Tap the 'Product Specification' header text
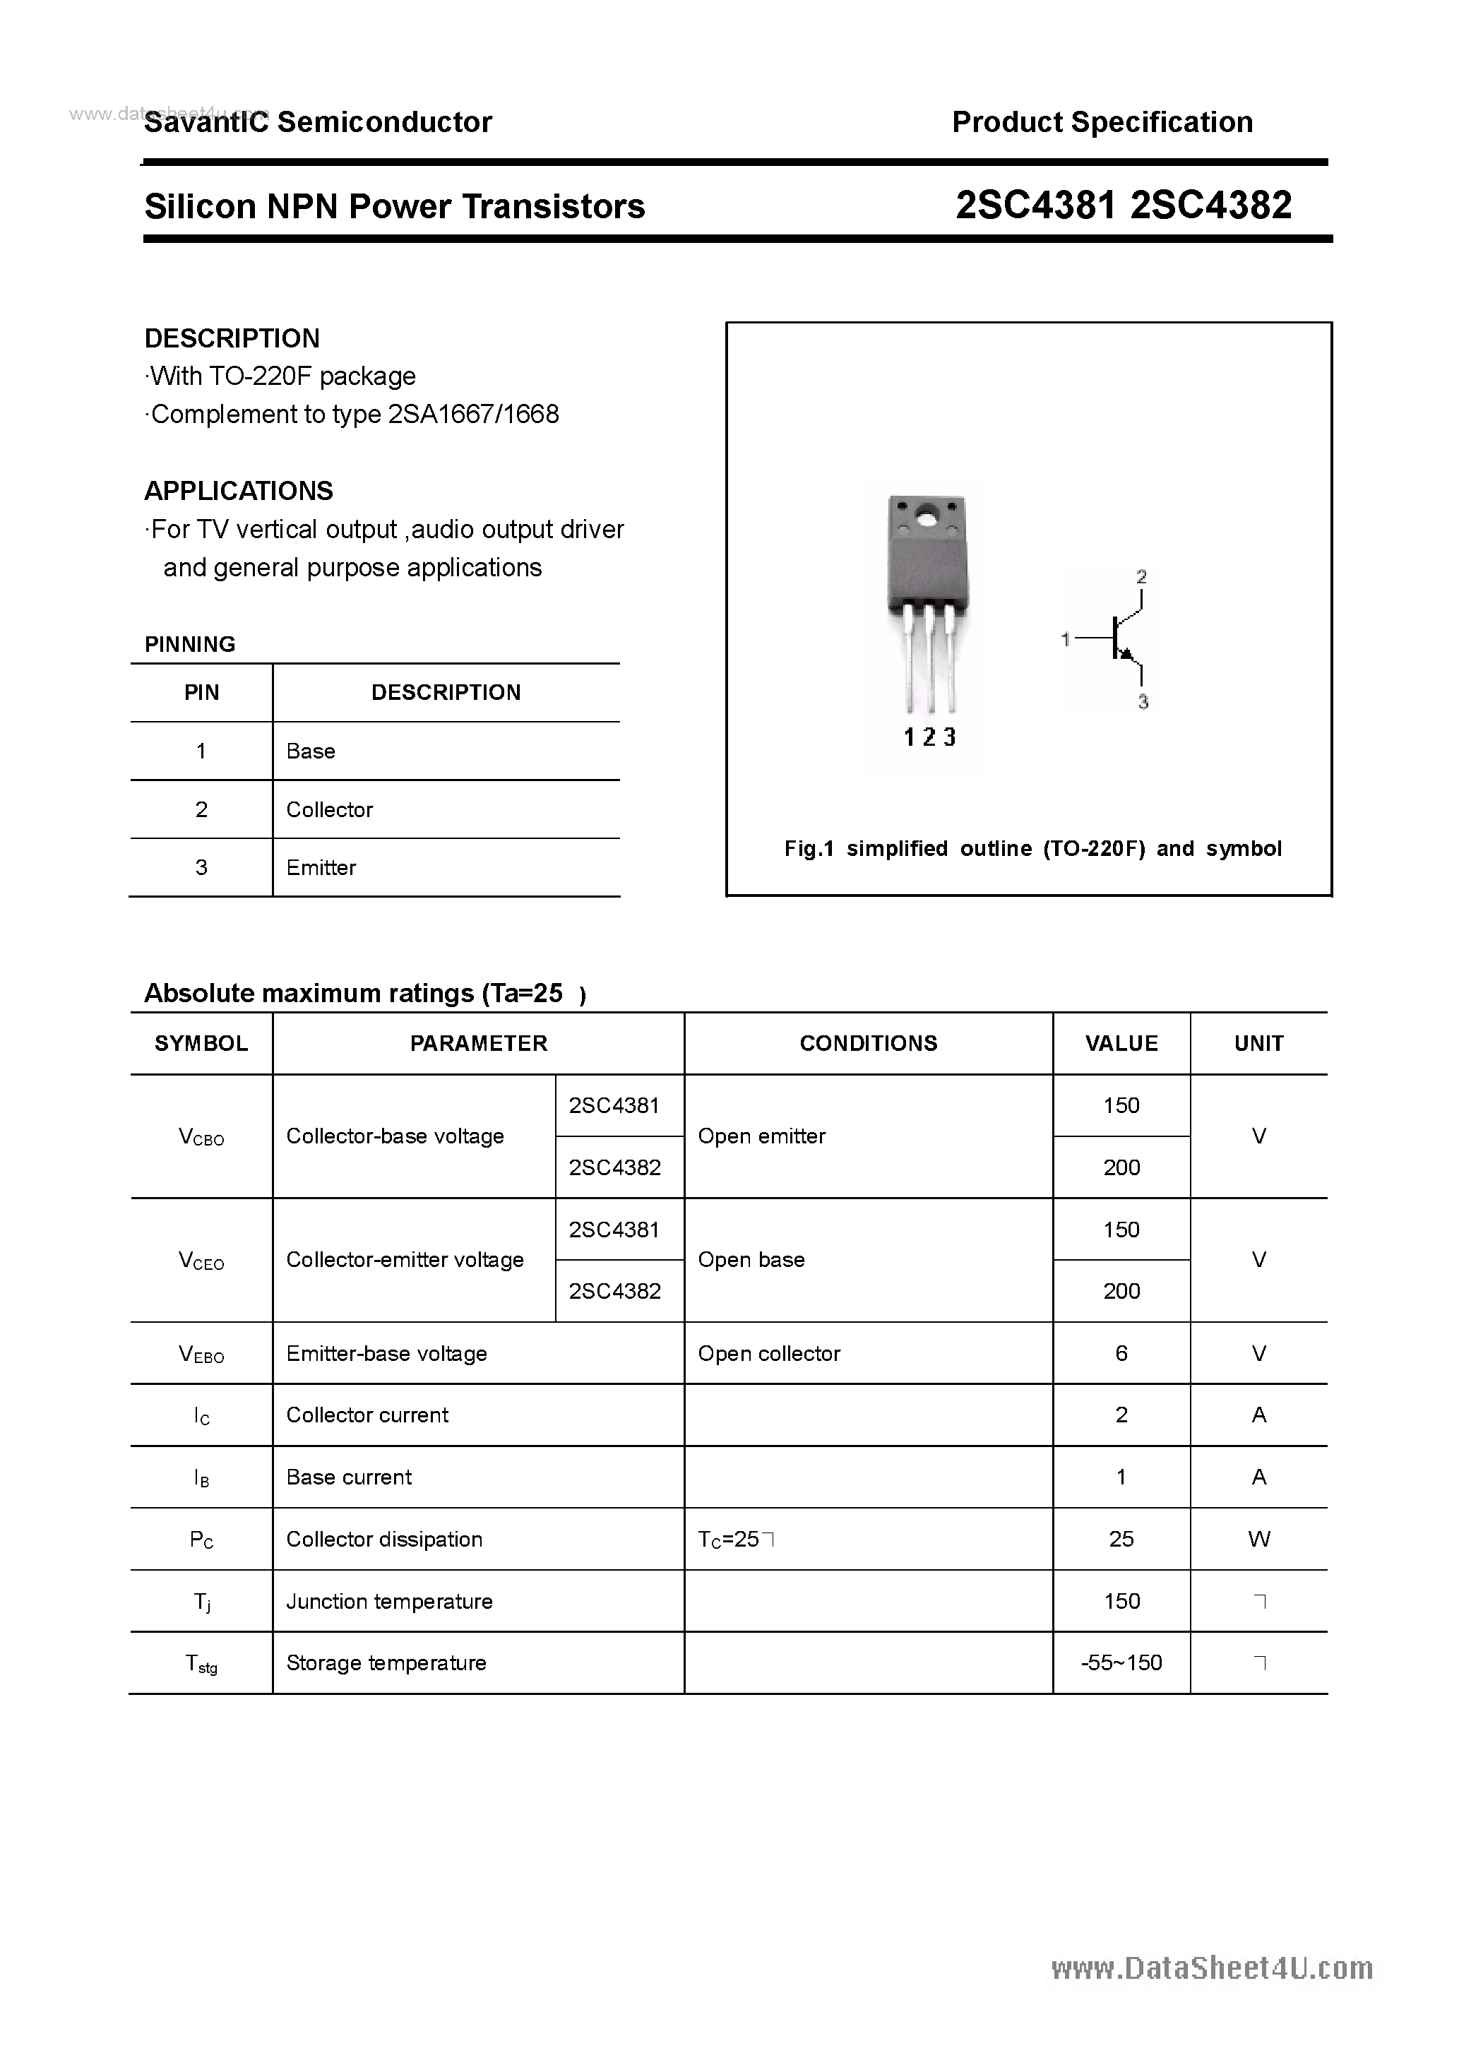pyautogui.click(x=1102, y=122)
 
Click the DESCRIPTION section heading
pyautogui.click(x=232, y=338)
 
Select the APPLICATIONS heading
pyautogui.click(x=239, y=491)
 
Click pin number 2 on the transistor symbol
pyautogui.click(x=1141, y=576)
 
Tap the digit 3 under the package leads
pyautogui.click(x=949, y=737)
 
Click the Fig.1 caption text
pyautogui.click(x=1032, y=848)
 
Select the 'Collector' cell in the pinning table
pyautogui.click(x=329, y=809)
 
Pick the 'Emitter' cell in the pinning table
pyautogui.click(x=321, y=868)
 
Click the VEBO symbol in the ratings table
pyautogui.click(x=201, y=1354)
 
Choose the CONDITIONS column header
pyautogui.click(x=868, y=1043)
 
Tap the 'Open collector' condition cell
pyautogui.click(x=769, y=1354)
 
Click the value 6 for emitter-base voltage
pyautogui.click(x=1121, y=1354)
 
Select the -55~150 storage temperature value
pyautogui.click(x=1121, y=1663)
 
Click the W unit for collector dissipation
pyautogui.click(x=1258, y=1540)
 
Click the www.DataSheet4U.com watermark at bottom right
pyautogui.click(x=1212, y=1968)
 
